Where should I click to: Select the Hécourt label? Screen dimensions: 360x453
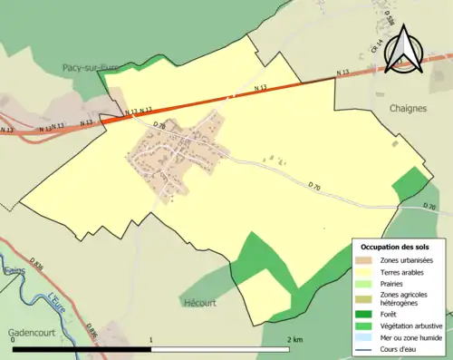point(199,303)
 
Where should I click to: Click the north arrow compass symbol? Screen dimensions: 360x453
point(404,44)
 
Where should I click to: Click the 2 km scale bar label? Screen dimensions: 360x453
point(294,339)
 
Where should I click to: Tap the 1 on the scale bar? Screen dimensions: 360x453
point(151,339)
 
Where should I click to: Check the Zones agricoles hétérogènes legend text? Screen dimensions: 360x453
point(404,298)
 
